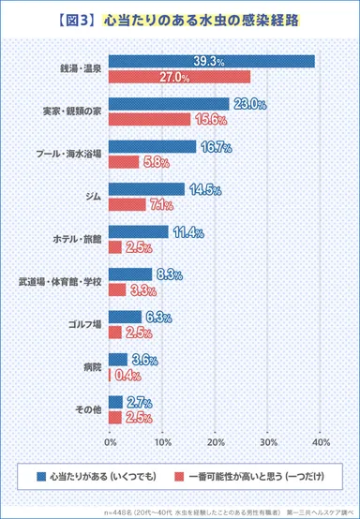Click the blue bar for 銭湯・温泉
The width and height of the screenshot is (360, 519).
tap(211, 61)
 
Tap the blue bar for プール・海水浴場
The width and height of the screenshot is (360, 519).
tap(152, 147)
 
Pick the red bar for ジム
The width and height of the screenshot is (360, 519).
tap(127, 204)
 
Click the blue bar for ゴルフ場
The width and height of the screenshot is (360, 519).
tap(125, 317)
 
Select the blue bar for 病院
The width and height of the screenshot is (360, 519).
tap(118, 359)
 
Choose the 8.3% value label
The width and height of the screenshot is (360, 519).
tap(169, 274)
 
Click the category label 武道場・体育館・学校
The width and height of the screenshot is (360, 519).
tap(59, 281)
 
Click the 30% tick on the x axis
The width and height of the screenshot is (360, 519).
tap(270, 440)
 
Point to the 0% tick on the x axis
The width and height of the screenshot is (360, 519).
tap(111, 440)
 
